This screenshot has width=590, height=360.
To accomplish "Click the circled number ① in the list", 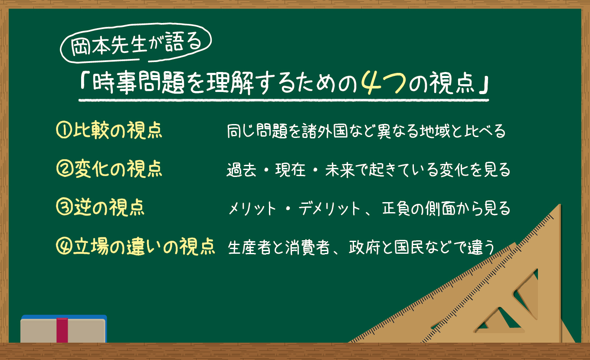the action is pos(64,130).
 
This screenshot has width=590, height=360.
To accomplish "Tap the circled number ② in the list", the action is pos(65,169).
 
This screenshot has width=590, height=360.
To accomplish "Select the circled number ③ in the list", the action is pos(64,207).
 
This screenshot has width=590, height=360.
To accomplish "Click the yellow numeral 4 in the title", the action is pos(372,83).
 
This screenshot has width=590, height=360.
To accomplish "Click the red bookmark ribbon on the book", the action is pos(62,330).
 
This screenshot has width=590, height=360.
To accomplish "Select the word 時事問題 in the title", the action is pos(138,83).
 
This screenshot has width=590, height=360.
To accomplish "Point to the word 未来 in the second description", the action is pos(340,170).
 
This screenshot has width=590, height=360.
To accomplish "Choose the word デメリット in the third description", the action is pos(330,209).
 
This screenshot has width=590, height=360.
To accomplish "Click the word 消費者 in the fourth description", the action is pos(307,248).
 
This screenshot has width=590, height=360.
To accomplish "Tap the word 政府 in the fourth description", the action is pos(364,248).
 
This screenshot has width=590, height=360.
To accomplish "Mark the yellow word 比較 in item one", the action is pos(91,130).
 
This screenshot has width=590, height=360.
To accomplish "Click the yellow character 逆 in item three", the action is pos(82,207).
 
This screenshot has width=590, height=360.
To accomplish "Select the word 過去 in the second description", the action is pos(241,170).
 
